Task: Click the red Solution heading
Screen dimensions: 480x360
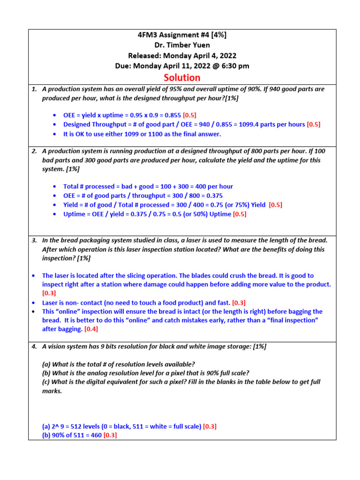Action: click(182, 77)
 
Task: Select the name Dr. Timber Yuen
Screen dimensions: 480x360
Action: click(182, 45)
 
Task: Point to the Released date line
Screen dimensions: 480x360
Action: click(182, 56)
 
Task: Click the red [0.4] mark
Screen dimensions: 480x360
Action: click(91, 330)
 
